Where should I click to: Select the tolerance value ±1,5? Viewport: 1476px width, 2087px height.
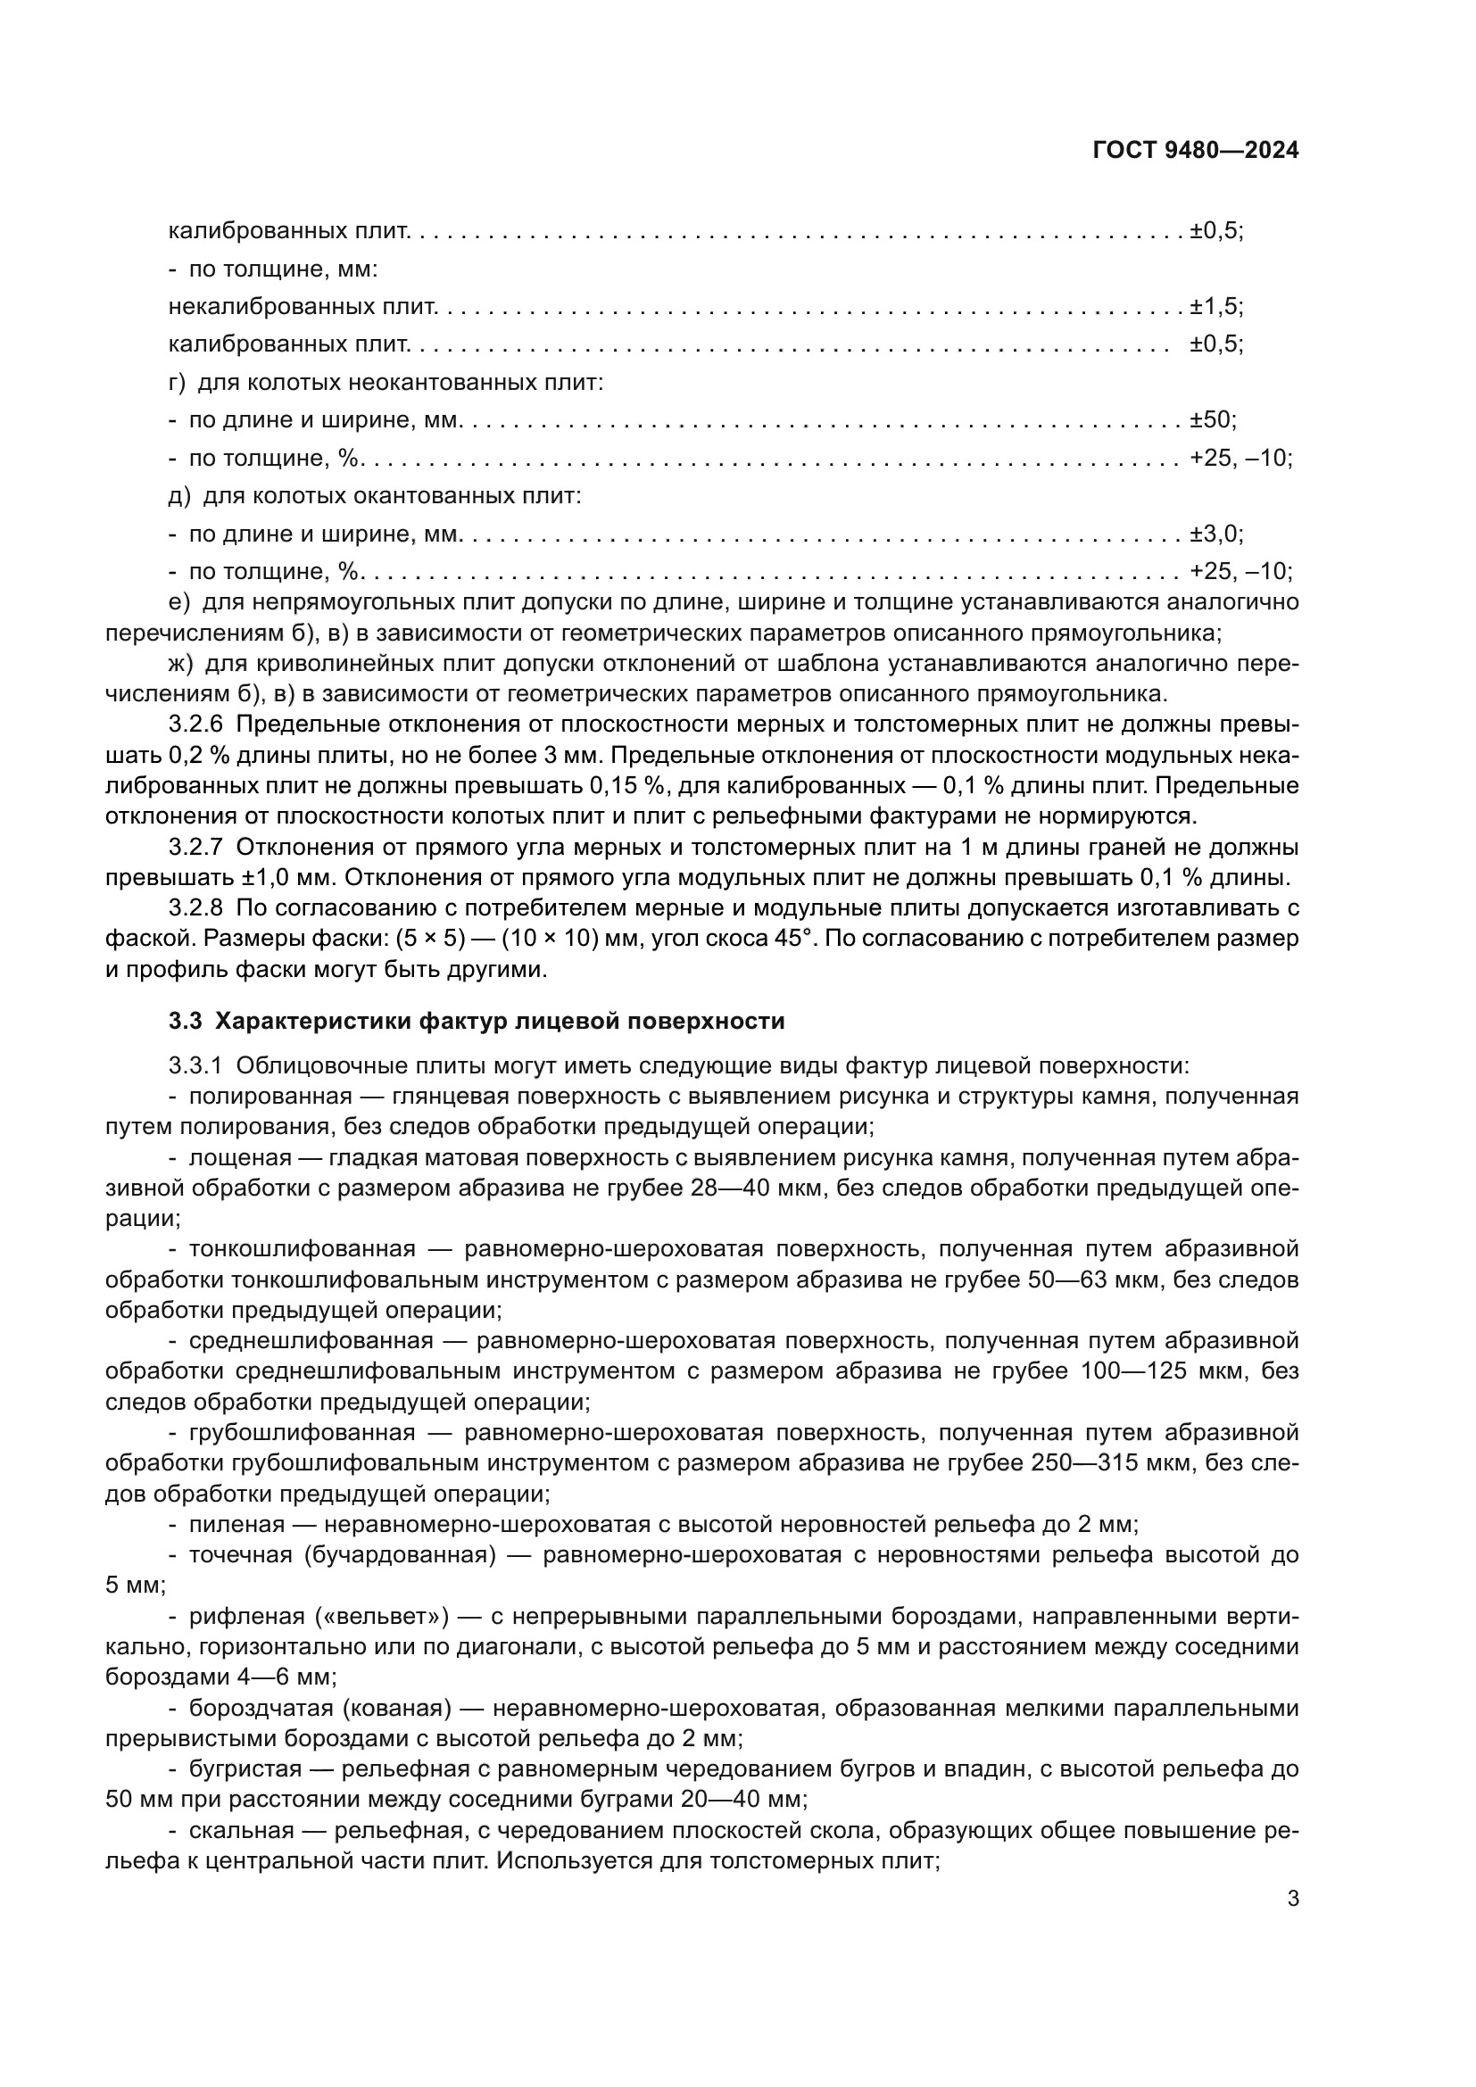coord(1215,307)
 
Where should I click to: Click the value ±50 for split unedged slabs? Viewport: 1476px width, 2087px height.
coord(1212,421)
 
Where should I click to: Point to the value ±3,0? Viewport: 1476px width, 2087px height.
coord(1215,534)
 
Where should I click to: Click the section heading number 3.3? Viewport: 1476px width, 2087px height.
coord(185,1021)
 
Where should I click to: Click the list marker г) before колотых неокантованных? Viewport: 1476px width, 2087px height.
coord(177,383)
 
